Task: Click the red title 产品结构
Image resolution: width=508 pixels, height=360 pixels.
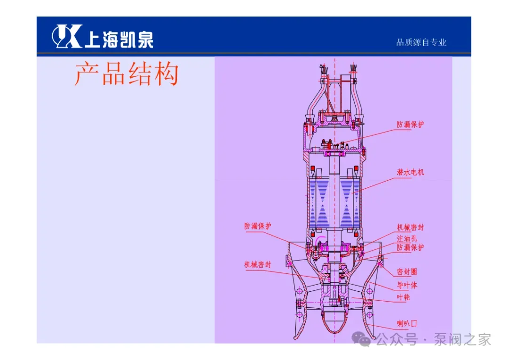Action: click(x=127, y=74)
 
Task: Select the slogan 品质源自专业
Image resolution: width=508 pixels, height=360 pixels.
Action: click(x=421, y=42)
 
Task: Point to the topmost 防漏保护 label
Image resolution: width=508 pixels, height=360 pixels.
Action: click(x=410, y=125)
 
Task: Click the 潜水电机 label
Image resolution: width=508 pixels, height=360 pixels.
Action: click(x=410, y=172)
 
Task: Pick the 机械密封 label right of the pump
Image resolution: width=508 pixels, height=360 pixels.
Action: click(x=410, y=227)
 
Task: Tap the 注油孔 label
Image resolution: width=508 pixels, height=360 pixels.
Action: click(x=407, y=238)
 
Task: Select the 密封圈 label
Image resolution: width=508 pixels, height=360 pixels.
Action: click(x=407, y=272)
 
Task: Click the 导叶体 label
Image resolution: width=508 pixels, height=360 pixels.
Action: click(x=407, y=285)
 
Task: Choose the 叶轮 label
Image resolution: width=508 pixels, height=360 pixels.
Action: click(x=404, y=297)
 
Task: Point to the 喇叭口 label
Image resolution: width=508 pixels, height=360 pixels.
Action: click(x=407, y=323)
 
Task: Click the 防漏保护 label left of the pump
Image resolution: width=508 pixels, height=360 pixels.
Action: click(x=258, y=226)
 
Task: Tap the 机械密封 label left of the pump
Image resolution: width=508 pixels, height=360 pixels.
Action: click(x=258, y=264)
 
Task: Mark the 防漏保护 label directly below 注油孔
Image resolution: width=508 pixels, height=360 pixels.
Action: click(x=410, y=248)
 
